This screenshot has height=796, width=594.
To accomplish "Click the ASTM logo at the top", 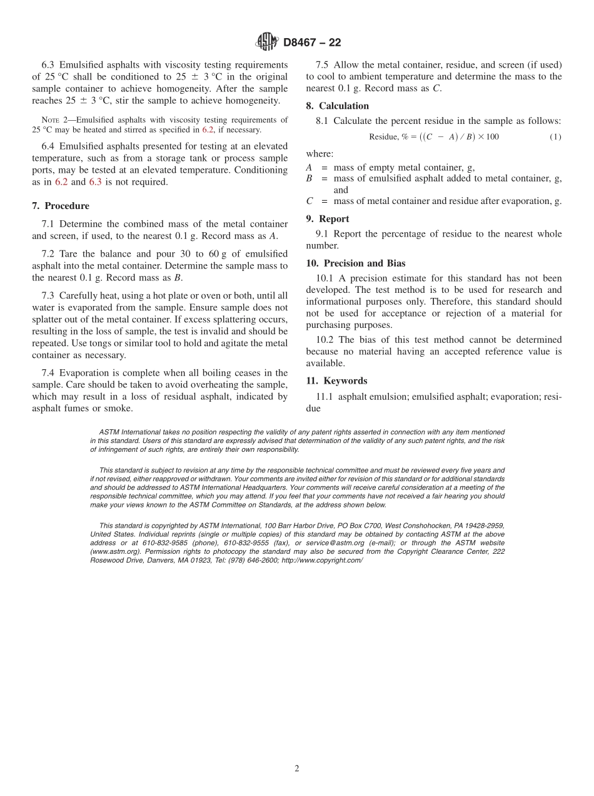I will point(267,42).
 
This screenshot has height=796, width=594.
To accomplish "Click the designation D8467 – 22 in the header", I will point(312,43).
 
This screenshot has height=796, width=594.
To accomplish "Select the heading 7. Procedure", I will point(61,206).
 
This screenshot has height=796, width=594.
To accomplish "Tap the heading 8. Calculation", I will point(337,106).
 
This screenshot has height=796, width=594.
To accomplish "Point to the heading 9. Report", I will point(327,218).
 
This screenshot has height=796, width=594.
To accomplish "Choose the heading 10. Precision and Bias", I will point(355,263).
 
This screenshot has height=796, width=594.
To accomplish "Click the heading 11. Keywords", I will point(336,380).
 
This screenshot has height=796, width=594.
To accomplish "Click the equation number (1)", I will point(555,137).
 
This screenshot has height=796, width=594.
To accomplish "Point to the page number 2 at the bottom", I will point(297,769).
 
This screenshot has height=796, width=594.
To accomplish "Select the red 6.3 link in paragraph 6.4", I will point(95,182).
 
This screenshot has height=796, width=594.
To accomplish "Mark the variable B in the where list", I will point(309,178).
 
